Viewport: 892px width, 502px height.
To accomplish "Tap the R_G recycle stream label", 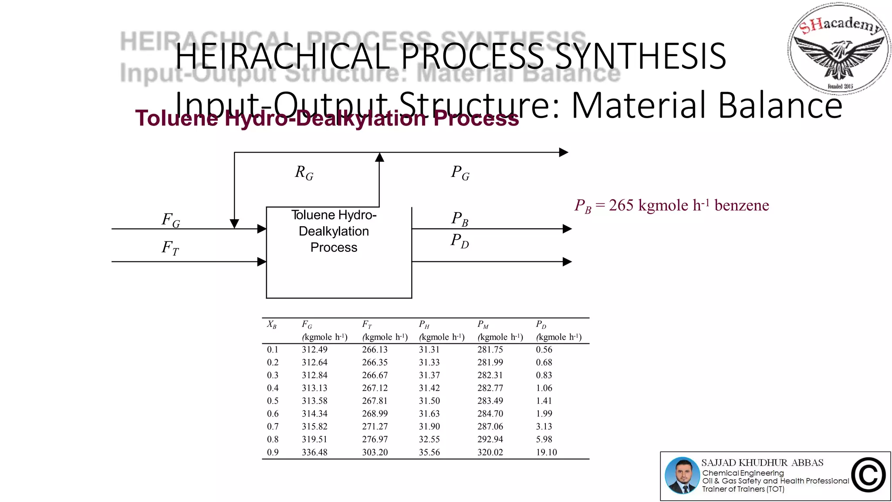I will click(304, 173).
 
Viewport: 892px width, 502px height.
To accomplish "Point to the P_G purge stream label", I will click(460, 173).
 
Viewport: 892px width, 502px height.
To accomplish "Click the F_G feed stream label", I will click(171, 220).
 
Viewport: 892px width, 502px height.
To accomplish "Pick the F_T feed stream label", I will click(170, 248).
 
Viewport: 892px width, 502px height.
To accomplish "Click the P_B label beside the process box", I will click(460, 219).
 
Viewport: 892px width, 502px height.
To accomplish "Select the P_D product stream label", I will click(460, 241).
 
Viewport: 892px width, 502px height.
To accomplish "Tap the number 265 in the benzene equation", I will click(621, 205).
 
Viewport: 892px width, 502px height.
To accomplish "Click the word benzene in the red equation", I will click(742, 205).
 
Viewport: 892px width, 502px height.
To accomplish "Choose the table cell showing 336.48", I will click(314, 452).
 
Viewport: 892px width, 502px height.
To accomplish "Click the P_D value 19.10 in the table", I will click(546, 452).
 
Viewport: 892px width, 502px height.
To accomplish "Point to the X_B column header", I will click(272, 325).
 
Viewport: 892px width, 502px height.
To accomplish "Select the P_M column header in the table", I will click(483, 325).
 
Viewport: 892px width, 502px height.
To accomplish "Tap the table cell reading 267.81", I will click(375, 401).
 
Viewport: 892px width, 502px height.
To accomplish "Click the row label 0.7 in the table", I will click(273, 427).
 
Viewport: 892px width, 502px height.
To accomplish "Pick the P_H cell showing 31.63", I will click(429, 414).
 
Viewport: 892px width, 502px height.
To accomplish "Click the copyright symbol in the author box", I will click(868, 475).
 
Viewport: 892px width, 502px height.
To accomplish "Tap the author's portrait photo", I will click(682, 475).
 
